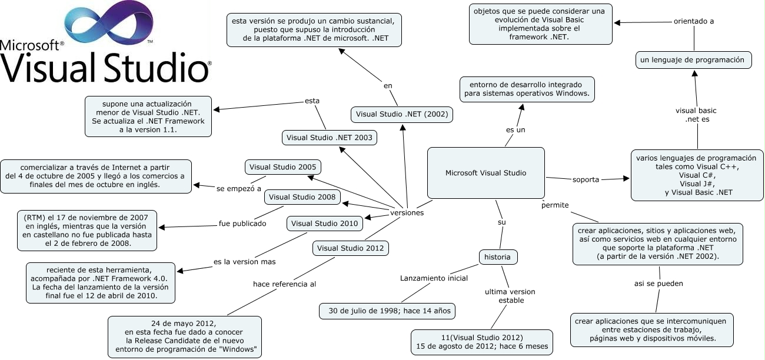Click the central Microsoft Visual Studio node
click(x=485, y=173)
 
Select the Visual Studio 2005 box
click(x=282, y=167)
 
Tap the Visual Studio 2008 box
click(x=302, y=196)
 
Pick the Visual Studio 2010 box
click(x=325, y=224)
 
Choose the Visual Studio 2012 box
click(x=350, y=248)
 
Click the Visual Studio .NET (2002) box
click(x=402, y=114)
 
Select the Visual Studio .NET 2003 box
click(x=330, y=138)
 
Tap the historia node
click(x=498, y=257)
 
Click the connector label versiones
click(x=407, y=213)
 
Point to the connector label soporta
click(x=586, y=179)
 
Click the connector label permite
click(x=555, y=205)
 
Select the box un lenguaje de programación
click(x=693, y=59)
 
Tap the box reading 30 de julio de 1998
click(x=387, y=311)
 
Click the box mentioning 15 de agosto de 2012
click(x=481, y=342)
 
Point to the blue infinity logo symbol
click(x=109, y=26)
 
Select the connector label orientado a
click(x=694, y=21)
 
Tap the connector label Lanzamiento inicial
click(x=434, y=278)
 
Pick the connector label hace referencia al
click(x=284, y=284)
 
